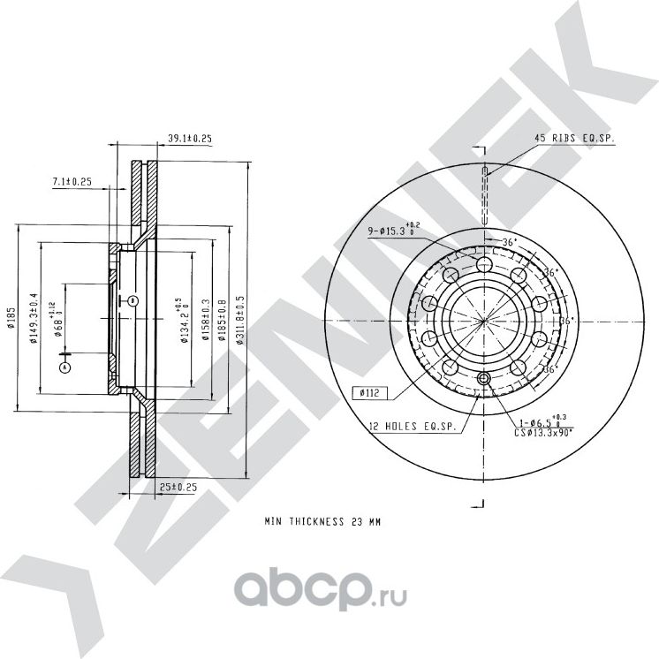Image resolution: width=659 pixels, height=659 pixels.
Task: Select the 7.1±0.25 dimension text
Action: pos(73,182)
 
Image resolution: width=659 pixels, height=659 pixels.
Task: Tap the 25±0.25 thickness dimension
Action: pos(179,486)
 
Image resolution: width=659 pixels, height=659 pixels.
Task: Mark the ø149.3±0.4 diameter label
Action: pos(34,321)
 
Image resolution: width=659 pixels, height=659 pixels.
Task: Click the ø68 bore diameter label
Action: pos(57,320)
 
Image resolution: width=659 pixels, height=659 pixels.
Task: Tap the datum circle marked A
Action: pos(64,366)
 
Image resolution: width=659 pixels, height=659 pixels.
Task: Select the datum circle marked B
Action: pos(132,300)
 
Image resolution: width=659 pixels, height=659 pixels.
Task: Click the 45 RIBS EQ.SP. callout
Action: pos(574,139)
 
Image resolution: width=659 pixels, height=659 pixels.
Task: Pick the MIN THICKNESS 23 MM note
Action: pos(323,522)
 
